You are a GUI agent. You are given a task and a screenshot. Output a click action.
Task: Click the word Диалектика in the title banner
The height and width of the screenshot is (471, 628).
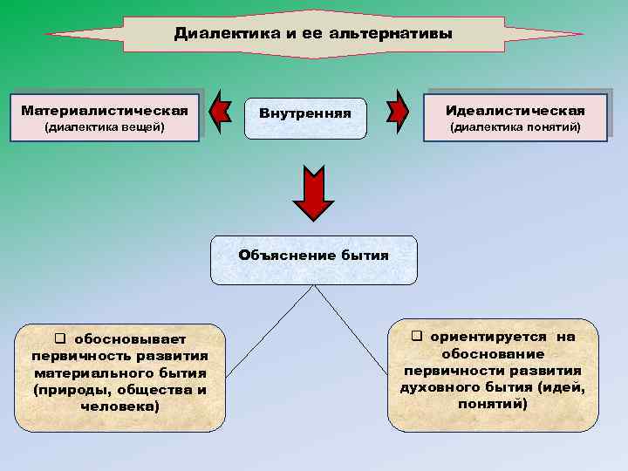[215, 34]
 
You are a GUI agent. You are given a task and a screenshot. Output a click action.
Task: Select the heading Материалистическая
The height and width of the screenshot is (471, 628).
[105, 111]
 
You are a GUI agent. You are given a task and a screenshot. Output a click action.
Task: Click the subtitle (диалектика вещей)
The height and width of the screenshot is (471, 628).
[105, 128]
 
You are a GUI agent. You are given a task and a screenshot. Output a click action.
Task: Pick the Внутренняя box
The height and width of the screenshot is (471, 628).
[305, 118]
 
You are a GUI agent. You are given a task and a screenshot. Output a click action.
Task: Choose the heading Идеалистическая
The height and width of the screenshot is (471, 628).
[515, 111]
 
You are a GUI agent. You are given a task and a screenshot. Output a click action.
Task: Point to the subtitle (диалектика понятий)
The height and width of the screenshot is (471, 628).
[515, 128]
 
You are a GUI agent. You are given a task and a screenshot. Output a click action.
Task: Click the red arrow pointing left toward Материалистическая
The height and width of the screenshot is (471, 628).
[222, 113]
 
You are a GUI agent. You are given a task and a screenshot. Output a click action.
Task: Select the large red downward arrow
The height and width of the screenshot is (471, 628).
[313, 194]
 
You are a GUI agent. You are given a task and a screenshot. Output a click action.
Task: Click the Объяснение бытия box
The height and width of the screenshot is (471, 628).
[313, 259]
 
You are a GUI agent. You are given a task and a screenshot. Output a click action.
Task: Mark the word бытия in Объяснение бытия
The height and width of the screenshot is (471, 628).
[366, 255]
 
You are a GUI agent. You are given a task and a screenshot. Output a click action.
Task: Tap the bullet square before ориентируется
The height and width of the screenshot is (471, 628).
[417, 336]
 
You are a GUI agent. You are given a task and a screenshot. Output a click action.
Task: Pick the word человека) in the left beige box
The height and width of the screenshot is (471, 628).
[119, 406]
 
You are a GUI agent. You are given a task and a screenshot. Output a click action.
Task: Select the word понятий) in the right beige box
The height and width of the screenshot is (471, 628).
[495, 404]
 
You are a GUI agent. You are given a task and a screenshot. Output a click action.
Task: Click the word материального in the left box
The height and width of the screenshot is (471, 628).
[85, 372]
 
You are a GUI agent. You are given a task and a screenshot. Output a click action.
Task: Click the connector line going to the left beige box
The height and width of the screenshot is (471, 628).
[262, 331]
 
